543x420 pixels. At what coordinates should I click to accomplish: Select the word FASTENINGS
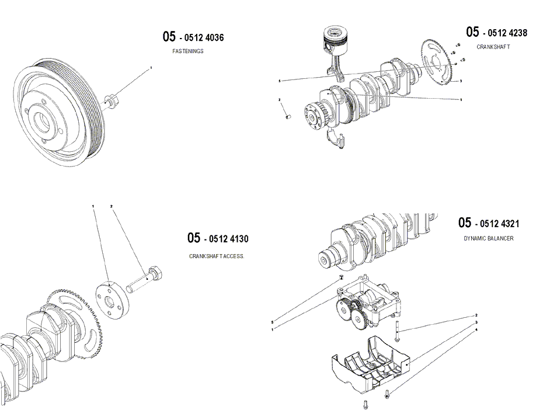click(188, 51)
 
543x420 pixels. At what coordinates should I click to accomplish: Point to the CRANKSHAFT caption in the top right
click(493, 47)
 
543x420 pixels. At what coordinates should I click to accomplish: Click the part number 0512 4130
click(227, 239)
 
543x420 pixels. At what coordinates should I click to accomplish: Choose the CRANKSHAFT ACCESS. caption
click(217, 256)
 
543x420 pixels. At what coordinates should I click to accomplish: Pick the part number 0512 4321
click(497, 224)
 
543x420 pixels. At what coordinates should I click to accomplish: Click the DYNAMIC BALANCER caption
click(489, 238)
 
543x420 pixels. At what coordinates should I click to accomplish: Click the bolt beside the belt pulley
click(112, 100)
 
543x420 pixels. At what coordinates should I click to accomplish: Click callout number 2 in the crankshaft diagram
click(280, 100)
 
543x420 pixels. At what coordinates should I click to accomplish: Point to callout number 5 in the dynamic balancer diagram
click(273, 322)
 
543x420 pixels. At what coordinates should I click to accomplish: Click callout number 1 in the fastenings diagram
click(151, 68)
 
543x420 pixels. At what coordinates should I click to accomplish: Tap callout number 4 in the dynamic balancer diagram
click(476, 330)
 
